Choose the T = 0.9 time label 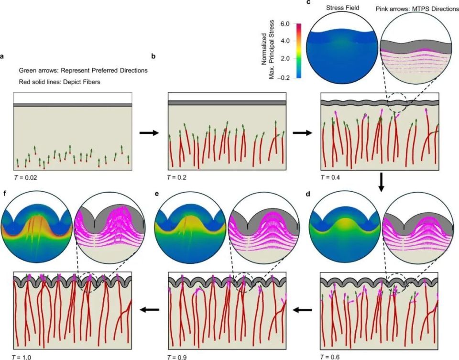tap(179, 356)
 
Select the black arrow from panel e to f tap(150, 310)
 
